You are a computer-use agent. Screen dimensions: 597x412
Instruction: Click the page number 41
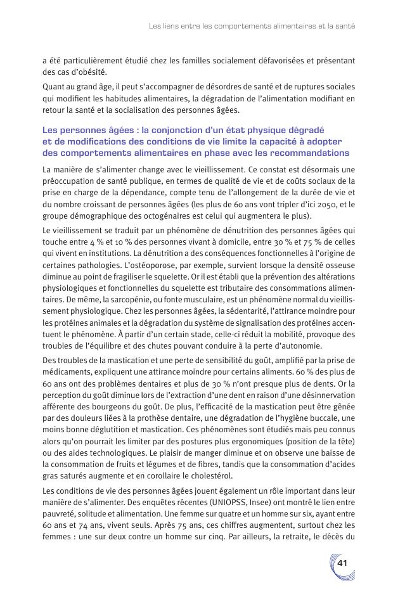[x=342, y=563]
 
